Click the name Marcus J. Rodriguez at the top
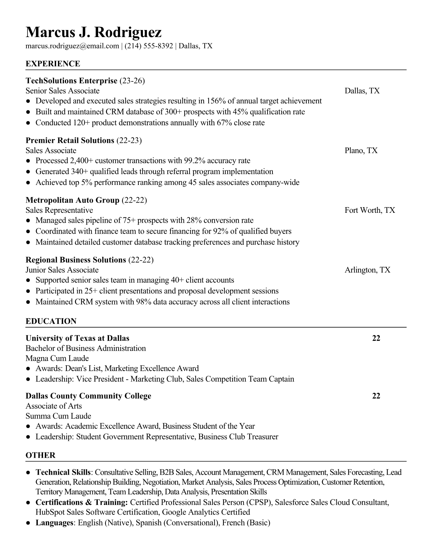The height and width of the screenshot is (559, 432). (94, 32)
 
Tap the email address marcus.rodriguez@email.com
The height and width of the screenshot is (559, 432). (72, 46)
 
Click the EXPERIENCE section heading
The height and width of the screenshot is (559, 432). (53, 64)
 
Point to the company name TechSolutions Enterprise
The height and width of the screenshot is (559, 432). (71, 81)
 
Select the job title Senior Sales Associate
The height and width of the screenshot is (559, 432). (62, 91)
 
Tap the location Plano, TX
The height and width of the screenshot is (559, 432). (361, 151)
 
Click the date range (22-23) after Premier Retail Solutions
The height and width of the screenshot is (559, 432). (129, 140)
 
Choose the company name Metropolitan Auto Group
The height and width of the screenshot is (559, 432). (72, 200)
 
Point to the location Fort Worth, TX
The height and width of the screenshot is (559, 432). (370, 210)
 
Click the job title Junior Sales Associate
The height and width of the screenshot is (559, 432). (62, 270)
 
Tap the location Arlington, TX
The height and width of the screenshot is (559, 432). (367, 270)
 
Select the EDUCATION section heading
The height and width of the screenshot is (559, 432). (51, 321)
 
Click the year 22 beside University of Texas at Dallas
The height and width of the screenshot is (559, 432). (376, 338)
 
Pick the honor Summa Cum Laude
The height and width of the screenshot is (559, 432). (58, 416)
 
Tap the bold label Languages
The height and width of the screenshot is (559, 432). (54, 523)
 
